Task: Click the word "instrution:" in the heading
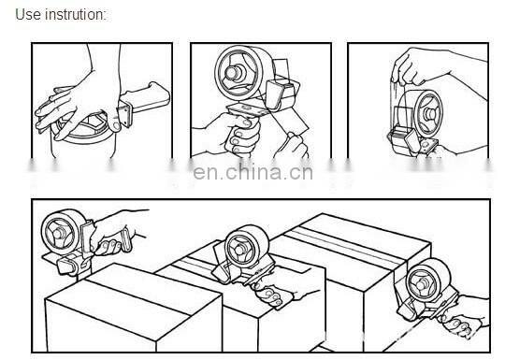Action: (x=76, y=14)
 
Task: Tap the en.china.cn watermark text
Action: (x=252, y=172)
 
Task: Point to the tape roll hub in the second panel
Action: (x=233, y=74)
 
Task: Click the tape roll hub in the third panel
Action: (x=429, y=113)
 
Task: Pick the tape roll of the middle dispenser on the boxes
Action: (x=246, y=247)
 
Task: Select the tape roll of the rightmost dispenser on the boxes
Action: (x=427, y=281)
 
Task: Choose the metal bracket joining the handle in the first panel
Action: (x=125, y=113)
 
